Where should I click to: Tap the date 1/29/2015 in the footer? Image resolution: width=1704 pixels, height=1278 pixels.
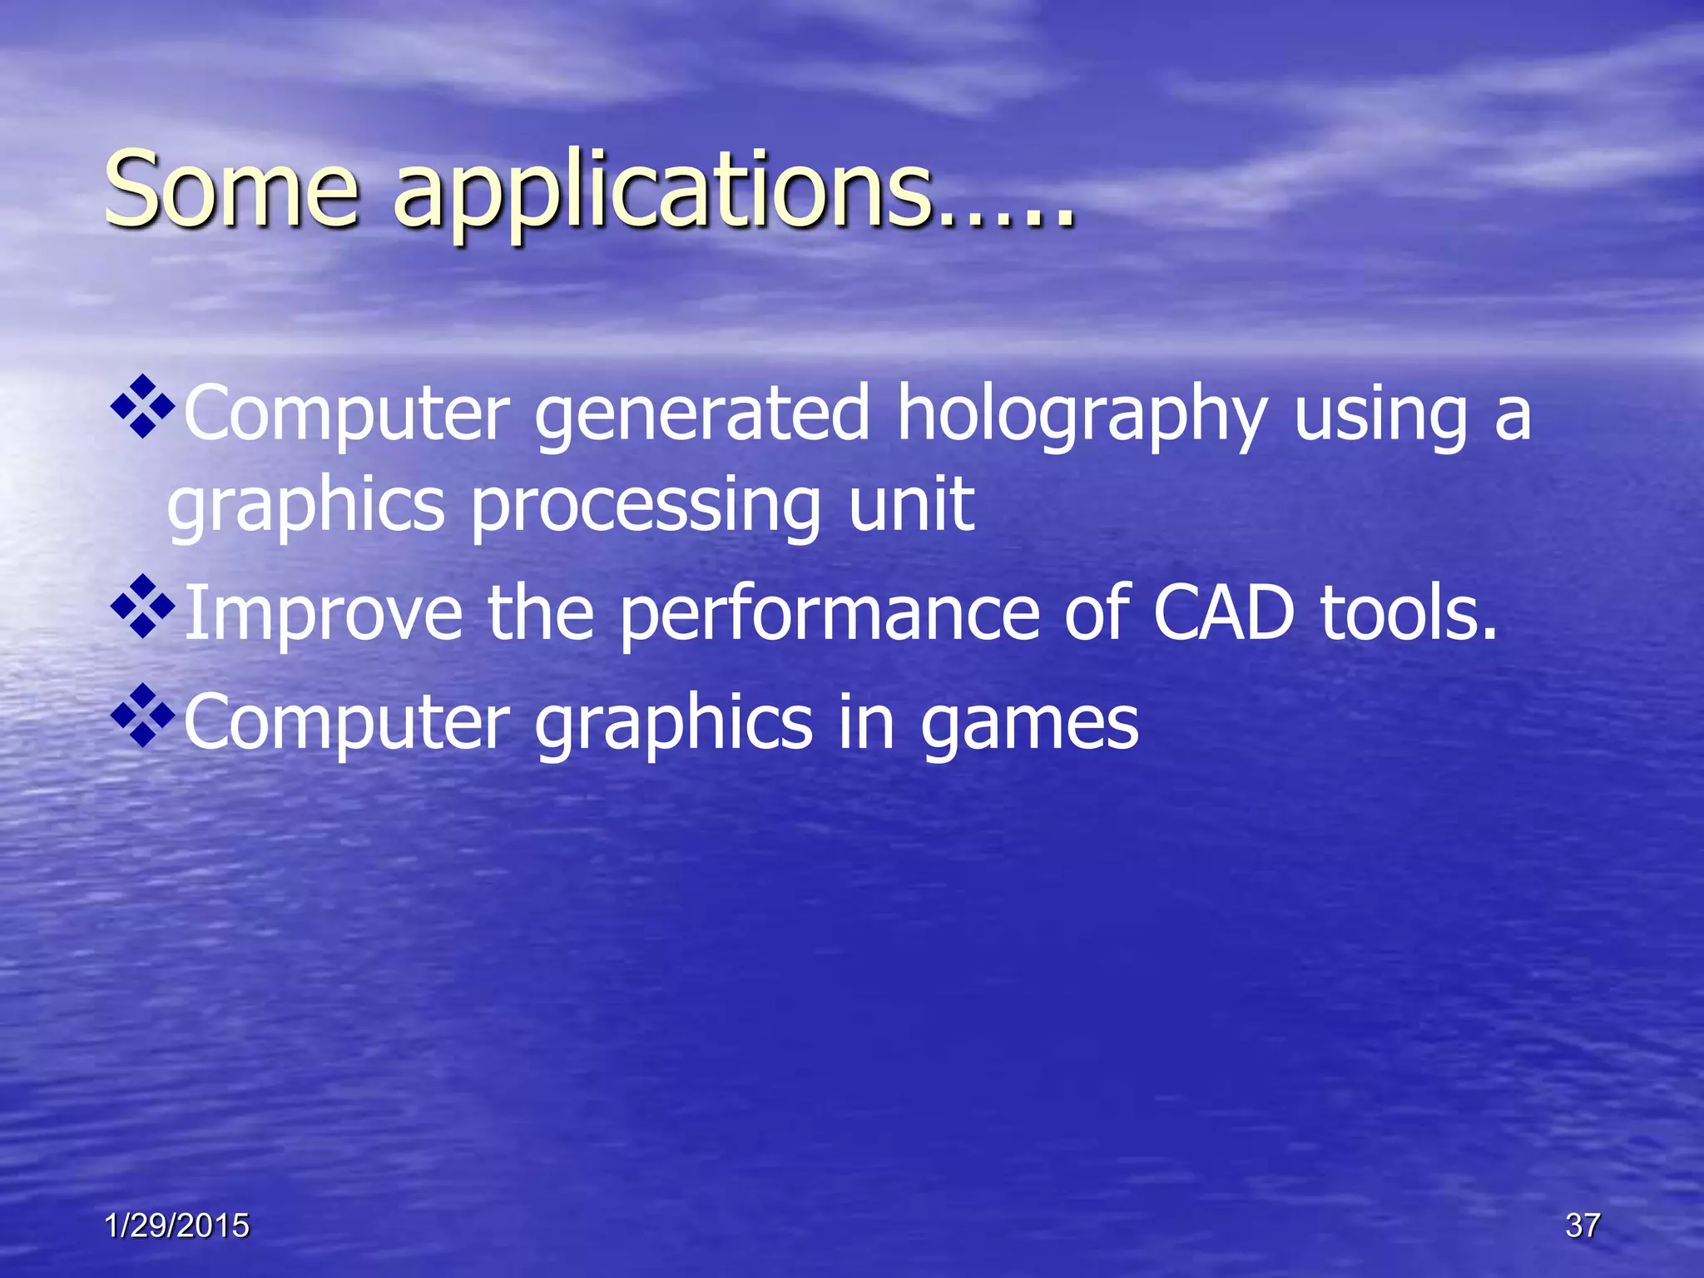coord(177,1226)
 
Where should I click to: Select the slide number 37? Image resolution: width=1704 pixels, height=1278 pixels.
coord(1582,1226)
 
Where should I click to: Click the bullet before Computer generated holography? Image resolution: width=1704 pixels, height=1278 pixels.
coord(143,407)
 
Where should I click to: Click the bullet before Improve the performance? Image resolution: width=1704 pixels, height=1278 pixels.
coord(143,607)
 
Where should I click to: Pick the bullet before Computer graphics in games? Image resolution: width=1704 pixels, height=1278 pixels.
coord(143,716)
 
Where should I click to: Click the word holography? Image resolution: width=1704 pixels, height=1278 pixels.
coord(1082,416)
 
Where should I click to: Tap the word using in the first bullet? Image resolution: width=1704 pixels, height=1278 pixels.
coord(1380,416)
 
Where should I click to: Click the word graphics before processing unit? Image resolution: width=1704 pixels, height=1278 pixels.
coord(306,508)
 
